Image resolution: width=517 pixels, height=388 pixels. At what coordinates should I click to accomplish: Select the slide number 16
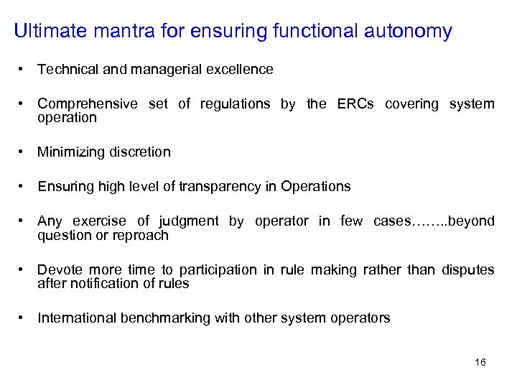coord(480,362)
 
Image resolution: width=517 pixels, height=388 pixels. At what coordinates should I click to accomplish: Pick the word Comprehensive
coord(88,104)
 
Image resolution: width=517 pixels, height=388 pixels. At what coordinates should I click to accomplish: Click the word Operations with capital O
coord(316,187)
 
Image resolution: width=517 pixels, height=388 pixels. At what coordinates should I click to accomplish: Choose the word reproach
coord(140,235)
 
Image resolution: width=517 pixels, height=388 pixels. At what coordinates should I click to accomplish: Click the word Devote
coord(57,270)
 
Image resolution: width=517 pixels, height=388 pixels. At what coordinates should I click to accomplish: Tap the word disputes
coord(467,270)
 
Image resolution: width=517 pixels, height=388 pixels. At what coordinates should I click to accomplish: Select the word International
coord(77,318)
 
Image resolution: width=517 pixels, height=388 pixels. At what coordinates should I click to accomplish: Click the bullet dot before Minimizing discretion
coord(24,152)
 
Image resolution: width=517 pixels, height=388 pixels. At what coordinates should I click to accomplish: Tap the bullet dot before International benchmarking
coord(24,318)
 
